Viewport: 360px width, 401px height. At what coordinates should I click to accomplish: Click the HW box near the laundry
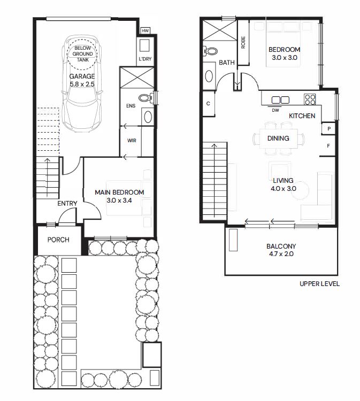point(145,30)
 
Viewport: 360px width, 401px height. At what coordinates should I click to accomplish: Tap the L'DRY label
point(145,59)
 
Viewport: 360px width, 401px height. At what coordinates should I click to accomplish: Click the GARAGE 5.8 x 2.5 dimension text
point(82,84)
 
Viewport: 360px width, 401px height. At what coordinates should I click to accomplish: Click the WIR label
point(132,141)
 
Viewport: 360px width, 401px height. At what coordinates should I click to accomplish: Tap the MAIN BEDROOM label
point(119,192)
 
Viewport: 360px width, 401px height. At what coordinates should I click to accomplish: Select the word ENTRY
point(67,204)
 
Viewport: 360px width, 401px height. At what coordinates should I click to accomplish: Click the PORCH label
point(58,240)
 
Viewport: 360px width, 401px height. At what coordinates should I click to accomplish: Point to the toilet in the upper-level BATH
point(210,51)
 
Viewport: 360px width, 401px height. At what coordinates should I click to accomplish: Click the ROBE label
point(243,42)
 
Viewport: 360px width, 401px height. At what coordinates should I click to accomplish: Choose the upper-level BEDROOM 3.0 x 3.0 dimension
point(285,58)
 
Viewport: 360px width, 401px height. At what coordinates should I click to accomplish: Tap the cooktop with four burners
point(310,99)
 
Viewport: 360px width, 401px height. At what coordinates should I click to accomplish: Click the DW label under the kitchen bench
point(275,110)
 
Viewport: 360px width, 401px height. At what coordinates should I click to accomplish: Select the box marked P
point(328,129)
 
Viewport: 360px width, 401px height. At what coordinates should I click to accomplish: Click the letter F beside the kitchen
point(328,146)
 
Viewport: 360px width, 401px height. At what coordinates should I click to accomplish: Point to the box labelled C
point(209,104)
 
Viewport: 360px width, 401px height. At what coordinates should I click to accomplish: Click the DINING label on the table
point(278,138)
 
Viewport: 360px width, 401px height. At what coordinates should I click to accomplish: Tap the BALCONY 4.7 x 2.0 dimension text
point(281,254)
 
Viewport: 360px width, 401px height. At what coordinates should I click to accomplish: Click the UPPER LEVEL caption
point(319,284)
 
